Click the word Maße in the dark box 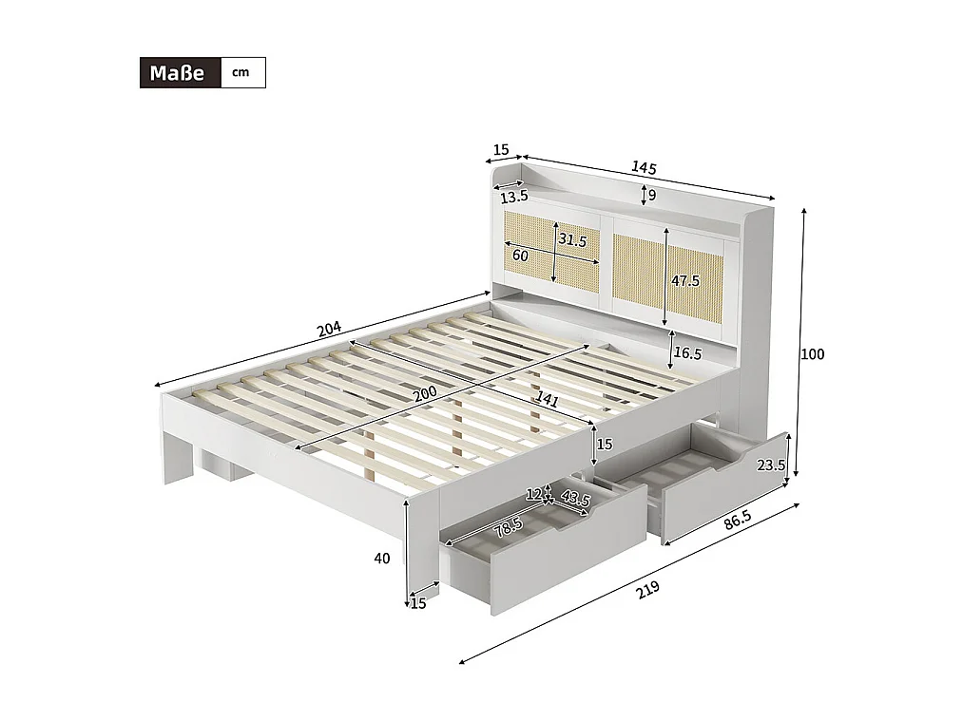pos(179,73)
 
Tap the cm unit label pos(241,73)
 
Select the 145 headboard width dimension pos(644,168)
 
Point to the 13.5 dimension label pos(513,198)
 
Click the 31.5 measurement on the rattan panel pos(572,240)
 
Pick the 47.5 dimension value pos(684,281)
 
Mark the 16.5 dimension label pos(688,353)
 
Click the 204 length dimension pos(329,330)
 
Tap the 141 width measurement pos(547,399)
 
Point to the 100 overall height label pos(812,354)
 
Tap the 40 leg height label pos(382,559)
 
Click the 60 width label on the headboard pos(520,256)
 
